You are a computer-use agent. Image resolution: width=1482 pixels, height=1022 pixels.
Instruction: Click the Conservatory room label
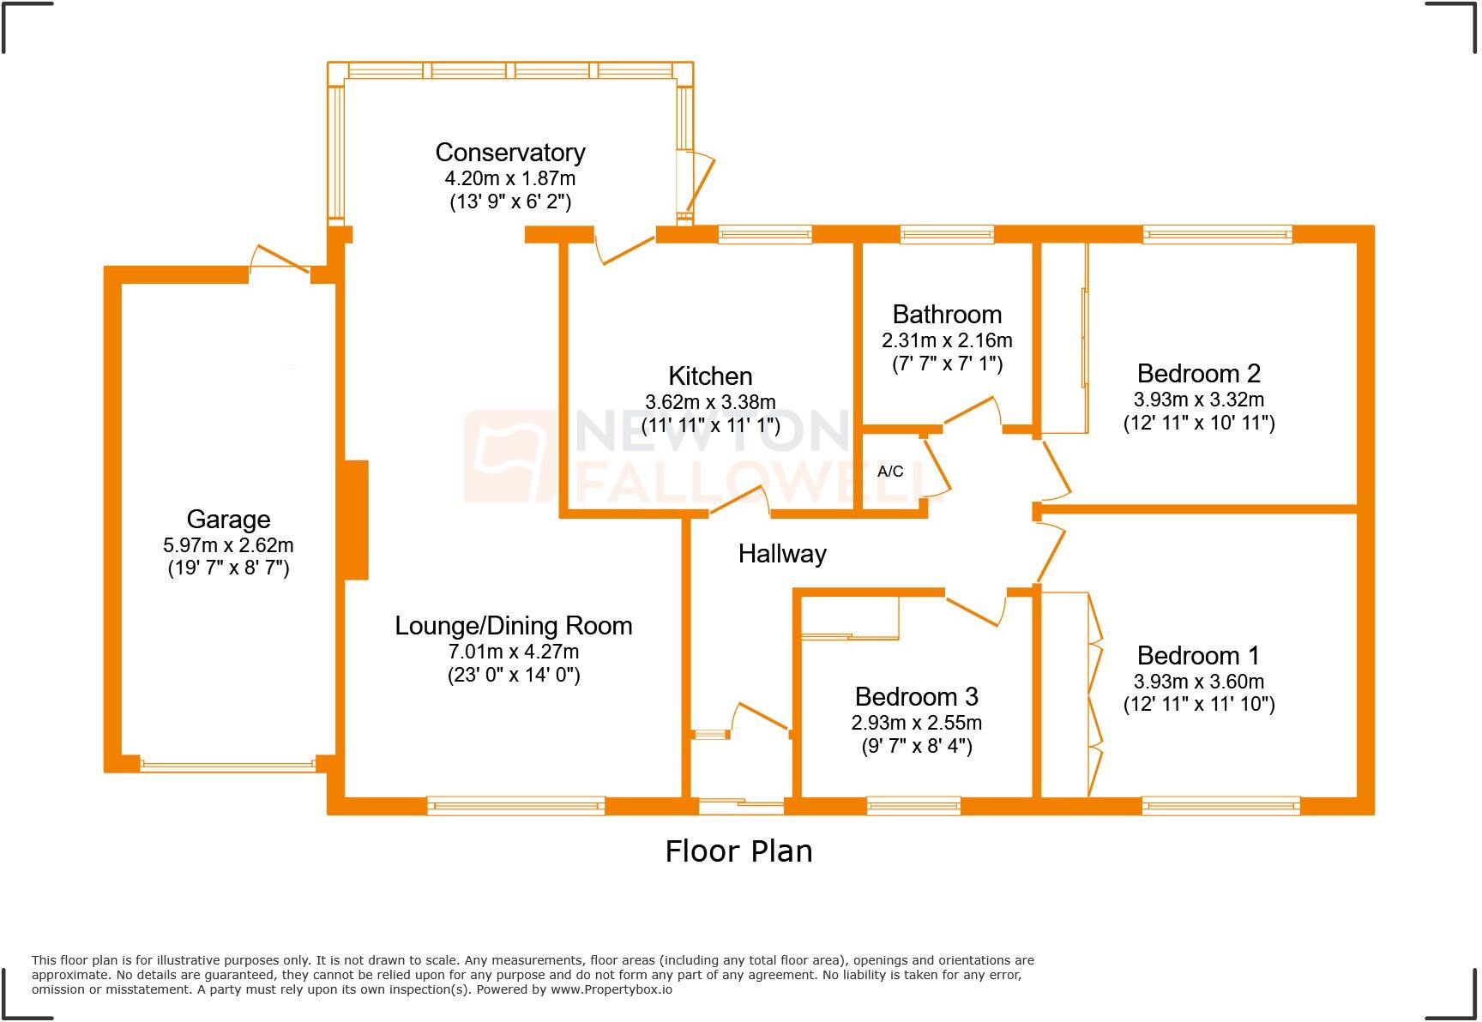pos(510,153)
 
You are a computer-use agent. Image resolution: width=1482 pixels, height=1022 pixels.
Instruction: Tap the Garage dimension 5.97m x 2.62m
pos(228,545)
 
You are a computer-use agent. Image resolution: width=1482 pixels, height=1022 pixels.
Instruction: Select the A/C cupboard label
pos(890,472)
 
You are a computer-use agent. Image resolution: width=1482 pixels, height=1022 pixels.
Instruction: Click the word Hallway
pos(782,554)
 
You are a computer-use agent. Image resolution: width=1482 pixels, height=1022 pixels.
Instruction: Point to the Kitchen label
pos(710,376)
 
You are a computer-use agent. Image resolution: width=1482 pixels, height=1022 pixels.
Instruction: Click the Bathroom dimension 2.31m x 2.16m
pos(947,340)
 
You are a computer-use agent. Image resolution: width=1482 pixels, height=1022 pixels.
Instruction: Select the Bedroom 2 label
pos(1198,374)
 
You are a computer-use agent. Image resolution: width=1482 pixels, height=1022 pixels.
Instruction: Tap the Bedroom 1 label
pos(1198,656)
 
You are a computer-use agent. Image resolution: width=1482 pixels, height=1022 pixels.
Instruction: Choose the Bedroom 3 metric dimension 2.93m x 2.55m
pos(916,723)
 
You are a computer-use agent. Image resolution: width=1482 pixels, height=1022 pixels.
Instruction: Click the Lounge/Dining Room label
pos(513,626)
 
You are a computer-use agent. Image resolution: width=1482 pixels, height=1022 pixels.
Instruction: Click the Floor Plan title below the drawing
pos(738,851)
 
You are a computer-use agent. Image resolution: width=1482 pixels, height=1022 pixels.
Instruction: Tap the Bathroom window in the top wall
pos(947,234)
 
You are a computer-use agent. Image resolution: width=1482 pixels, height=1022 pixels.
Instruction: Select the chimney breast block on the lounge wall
pos(356,520)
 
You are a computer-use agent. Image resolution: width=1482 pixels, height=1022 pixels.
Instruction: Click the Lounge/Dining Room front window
pos(515,805)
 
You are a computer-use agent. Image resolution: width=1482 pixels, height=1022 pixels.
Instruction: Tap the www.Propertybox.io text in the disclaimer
pos(611,989)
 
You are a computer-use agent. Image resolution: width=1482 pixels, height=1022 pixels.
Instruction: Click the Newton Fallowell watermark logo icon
pos(509,456)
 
